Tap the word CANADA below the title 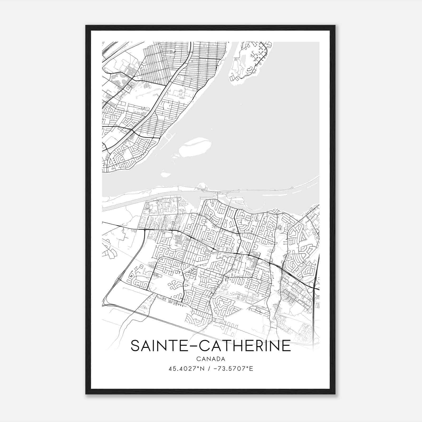click(x=211, y=359)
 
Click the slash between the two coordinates click(x=209, y=369)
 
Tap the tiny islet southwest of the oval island click(x=166, y=174)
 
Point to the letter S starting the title click(x=135, y=346)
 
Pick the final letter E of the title click(x=287, y=346)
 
